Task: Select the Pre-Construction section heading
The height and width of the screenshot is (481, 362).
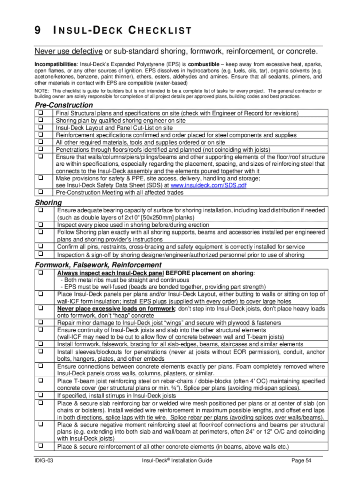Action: pos(64,105)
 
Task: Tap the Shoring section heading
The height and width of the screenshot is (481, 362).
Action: pos(48,202)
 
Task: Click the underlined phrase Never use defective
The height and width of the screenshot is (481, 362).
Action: pos(69,51)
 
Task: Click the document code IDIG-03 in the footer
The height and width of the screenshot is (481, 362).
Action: pos(44,461)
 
